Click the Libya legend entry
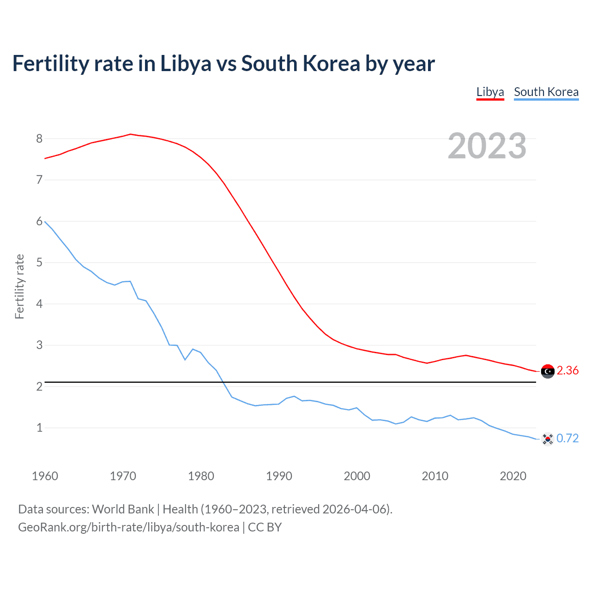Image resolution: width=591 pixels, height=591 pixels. point(490,92)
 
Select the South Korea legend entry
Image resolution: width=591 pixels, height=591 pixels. point(546,92)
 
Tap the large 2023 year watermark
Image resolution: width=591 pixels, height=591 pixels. point(487,146)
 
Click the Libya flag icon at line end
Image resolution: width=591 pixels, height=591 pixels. point(548,371)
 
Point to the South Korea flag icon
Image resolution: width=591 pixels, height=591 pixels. point(548,439)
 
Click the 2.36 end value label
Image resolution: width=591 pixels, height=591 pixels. point(567,371)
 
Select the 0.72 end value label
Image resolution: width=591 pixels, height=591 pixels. point(567,438)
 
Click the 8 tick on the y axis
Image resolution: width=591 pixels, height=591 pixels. point(39,139)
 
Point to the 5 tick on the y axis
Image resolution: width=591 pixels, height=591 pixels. point(39,263)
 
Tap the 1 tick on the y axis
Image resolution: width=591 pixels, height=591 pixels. point(39,428)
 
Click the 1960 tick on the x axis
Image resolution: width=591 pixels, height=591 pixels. point(45,476)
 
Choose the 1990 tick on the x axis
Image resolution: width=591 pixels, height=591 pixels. point(279,476)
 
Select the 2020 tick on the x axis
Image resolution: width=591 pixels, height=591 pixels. point(513,476)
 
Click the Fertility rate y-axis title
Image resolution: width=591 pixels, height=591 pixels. point(19,286)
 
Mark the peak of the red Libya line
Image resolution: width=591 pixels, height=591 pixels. point(130,134)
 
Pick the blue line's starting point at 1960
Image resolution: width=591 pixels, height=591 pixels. point(45,222)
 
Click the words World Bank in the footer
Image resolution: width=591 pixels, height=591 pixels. point(123,509)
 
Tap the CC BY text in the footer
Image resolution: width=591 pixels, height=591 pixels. point(265,527)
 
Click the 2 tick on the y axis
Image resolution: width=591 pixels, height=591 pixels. point(39,386)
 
